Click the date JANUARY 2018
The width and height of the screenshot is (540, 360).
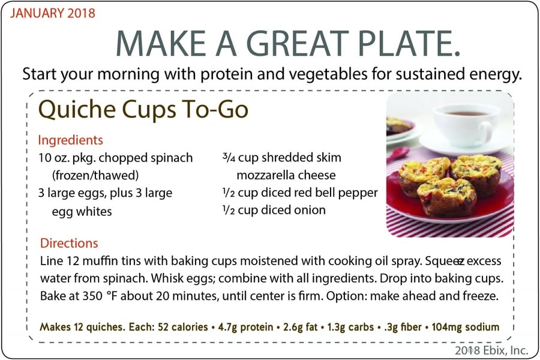(x=52, y=13)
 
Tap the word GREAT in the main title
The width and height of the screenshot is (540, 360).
(x=298, y=43)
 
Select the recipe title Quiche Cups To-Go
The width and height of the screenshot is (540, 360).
(x=143, y=109)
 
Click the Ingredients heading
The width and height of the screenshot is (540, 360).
(x=70, y=140)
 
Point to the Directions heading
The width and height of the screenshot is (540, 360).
(x=69, y=243)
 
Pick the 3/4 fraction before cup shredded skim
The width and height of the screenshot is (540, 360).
(x=229, y=157)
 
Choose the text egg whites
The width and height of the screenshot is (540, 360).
(x=82, y=212)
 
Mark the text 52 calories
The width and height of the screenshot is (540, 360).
(x=182, y=327)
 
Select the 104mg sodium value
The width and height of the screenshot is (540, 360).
(x=465, y=327)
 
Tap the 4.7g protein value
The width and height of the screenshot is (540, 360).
(x=245, y=327)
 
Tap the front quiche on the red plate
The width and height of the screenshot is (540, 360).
(x=447, y=197)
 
